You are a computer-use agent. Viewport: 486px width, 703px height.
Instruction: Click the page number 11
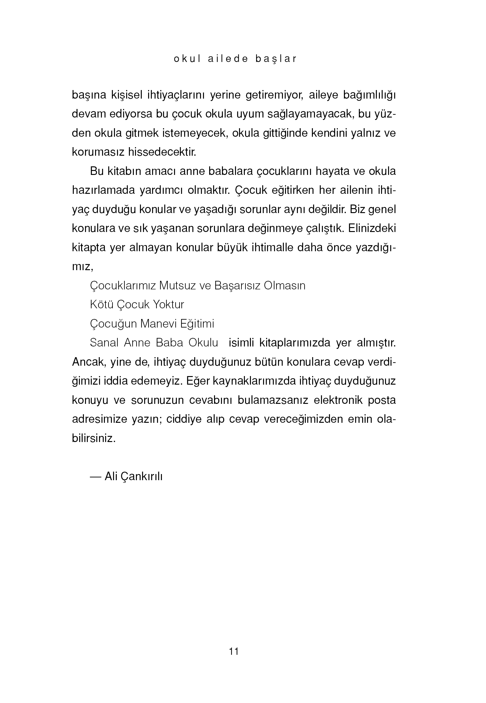(x=234, y=651)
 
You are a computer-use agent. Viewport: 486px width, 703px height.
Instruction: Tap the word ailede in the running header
(x=228, y=59)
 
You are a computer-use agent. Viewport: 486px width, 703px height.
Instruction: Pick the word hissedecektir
(x=162, y=152)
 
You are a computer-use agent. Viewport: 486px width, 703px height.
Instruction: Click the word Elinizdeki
(x=372, y=228)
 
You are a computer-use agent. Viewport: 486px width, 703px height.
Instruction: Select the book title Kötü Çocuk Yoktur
(x=137, y=305)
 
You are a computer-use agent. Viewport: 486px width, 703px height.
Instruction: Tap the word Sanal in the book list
(x=104, y=343)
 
